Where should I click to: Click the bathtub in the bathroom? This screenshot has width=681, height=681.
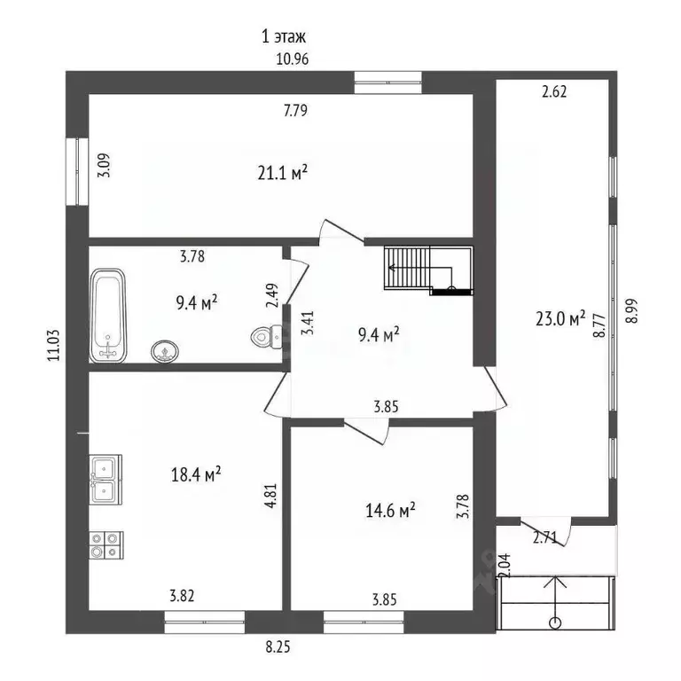pyautogui.click(x=107, y=316)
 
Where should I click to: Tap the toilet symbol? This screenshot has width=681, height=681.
pyautogui.click(x=267, y=336)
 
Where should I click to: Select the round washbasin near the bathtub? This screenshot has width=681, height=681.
pyautogui.click(x=165, y=351)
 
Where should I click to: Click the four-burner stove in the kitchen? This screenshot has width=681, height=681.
pyautogui.click(x=106, y=545)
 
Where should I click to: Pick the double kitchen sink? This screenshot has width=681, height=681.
pyautogui.click(x=106, y=480)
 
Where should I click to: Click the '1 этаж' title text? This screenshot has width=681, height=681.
pyautogui.click(x=284, y=36)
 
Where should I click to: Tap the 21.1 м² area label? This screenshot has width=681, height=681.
pyautogui.click(x=283, y=173)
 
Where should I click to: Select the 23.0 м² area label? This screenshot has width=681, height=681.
pyautogui.click(x=560, y=318)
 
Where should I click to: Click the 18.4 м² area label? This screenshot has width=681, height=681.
pyautogui.click(x=196, y=474)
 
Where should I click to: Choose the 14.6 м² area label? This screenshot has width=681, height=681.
pyautogui.click(x=390, y=510)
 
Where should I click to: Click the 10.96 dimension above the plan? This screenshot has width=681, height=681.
pyautogui.click(x=293, y=59)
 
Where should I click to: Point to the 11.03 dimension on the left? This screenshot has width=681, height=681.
pyautogui.click(x=54, y=345)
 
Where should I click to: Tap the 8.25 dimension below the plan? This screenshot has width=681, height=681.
pyautogui.click(x=278, y=647)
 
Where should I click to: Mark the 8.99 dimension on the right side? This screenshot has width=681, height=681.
pyautogui.click(x=631, y=310)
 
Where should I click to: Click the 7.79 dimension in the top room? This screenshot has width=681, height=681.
pyautogui.click(x=295, y=110)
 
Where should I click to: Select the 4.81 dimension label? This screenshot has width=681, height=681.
pyautogui.click(x=270, y=496)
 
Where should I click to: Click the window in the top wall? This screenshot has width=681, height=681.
pyautogui.click(x=387, y=82)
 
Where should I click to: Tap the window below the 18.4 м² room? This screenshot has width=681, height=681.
pyautogui.click(x=204, y=622)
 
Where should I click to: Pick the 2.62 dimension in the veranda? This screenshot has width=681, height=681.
pyautogui.click(x=554, y=91)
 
